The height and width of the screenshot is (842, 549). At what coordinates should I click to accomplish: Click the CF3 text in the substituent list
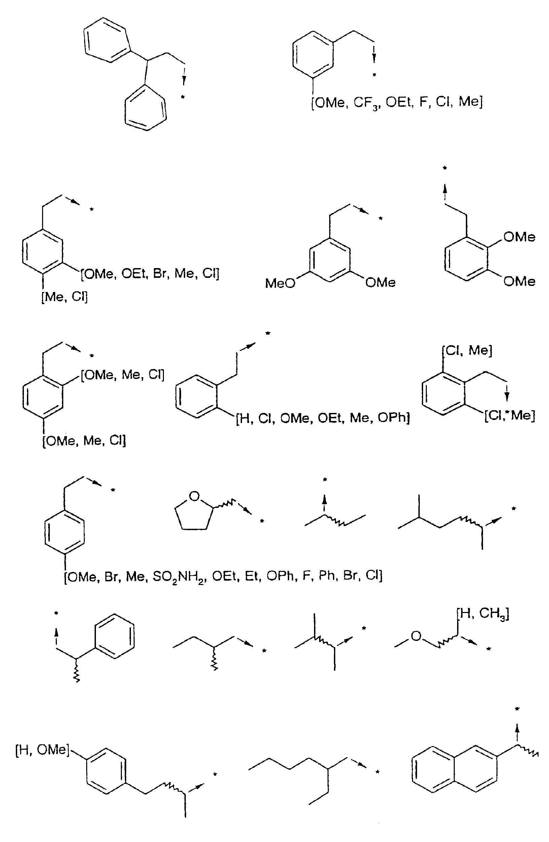coord(367,103)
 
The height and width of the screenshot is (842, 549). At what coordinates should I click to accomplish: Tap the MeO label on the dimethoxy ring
coord(280,283)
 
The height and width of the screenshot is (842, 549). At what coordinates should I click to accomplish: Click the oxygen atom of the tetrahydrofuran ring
coord(194,496)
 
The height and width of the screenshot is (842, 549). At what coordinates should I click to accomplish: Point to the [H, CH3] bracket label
coord(483,614)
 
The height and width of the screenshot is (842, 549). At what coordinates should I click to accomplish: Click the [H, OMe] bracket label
coord(42,750)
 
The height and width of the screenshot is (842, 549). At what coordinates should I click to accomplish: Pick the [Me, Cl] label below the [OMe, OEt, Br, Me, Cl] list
coord(64,296)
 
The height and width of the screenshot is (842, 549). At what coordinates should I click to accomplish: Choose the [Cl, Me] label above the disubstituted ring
coord(467,351)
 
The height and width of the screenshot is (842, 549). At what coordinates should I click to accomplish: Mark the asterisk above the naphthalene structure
coord(517,709)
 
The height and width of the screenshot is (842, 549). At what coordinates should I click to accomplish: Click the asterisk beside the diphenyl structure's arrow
coord(182,97)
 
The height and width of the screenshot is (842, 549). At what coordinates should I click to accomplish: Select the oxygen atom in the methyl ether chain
coord(416,636)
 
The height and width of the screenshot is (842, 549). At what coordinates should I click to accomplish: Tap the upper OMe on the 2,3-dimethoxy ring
coord(519,237)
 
